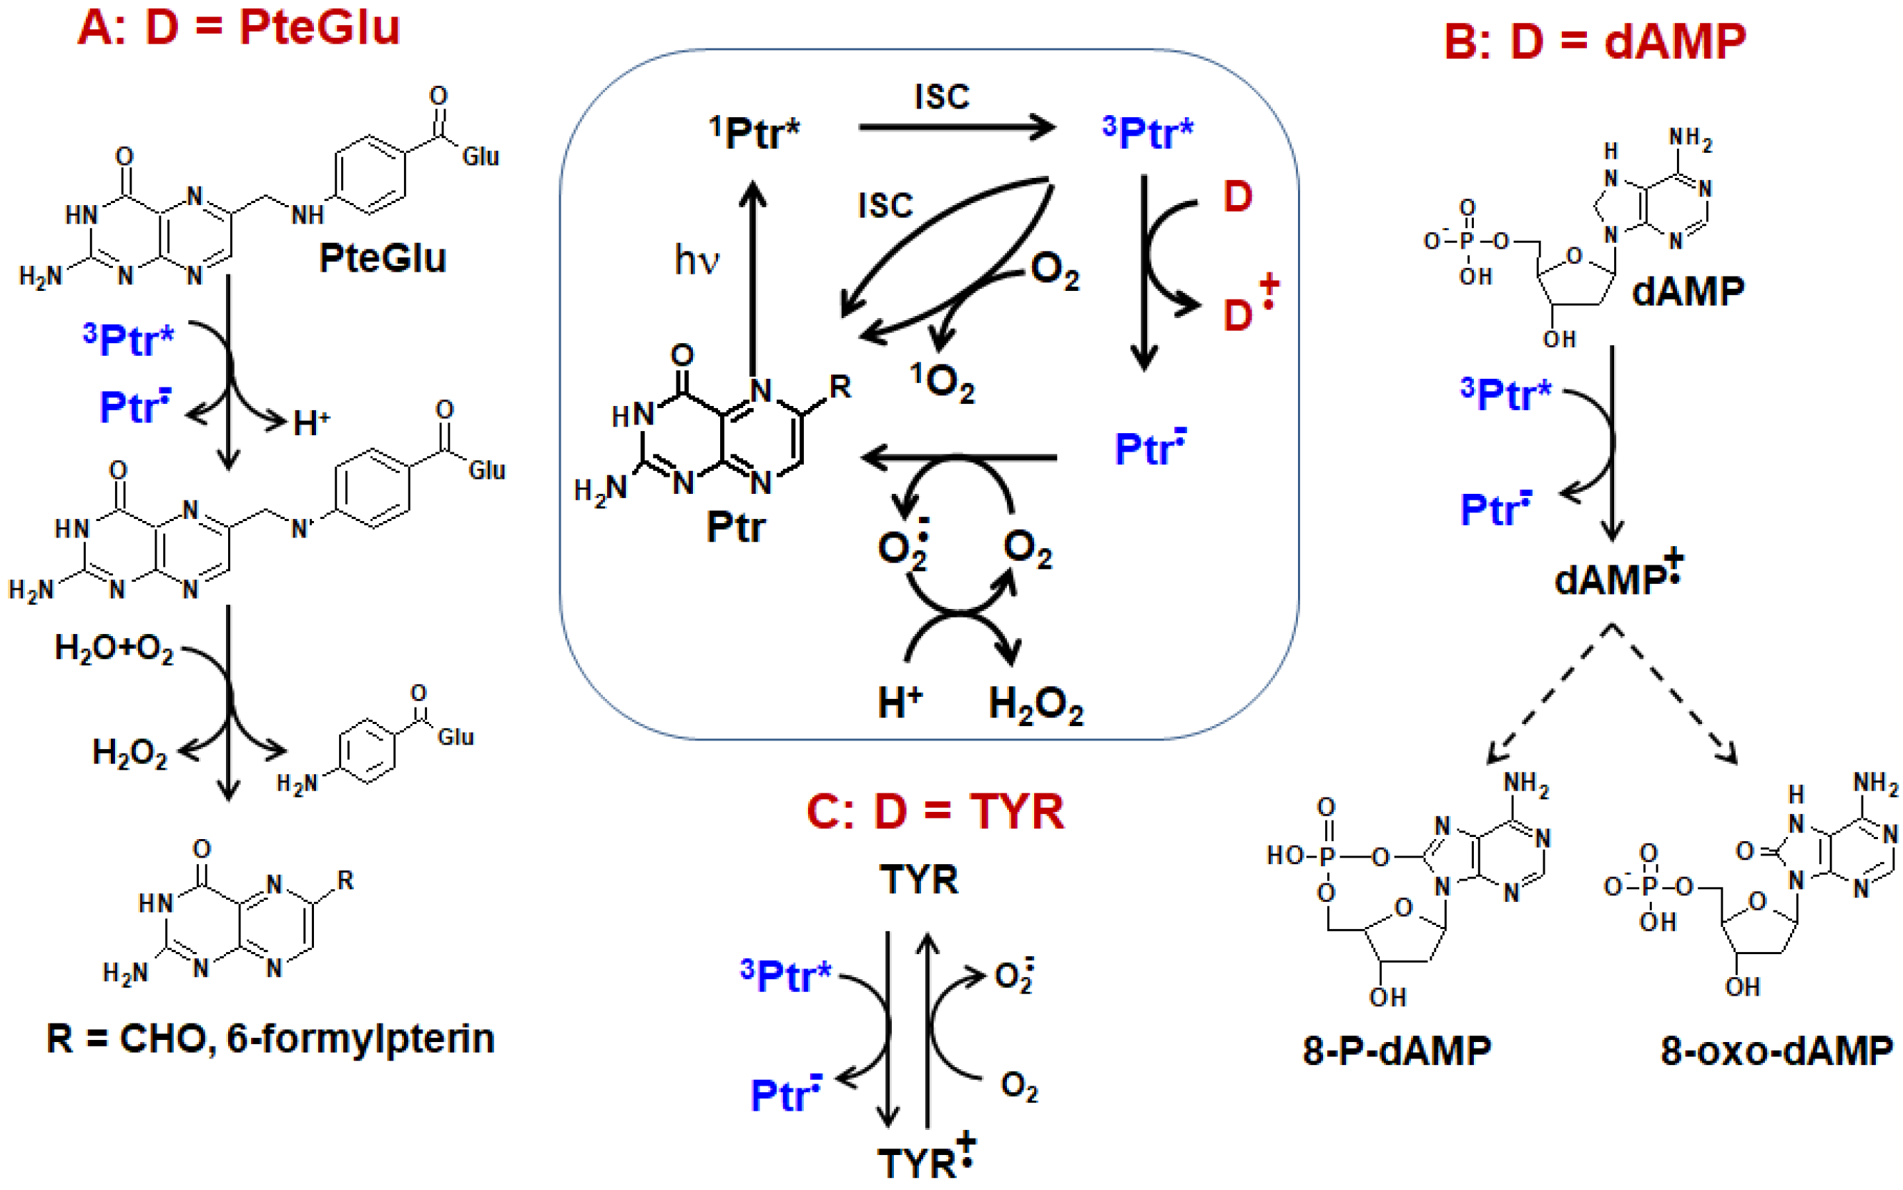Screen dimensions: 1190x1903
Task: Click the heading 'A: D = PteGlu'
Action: pos(239,29)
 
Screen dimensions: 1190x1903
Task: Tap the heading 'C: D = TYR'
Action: pos(935,811)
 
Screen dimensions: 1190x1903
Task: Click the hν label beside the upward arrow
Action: pos(697,259)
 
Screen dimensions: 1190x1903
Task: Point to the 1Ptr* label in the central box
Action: pos(754,132)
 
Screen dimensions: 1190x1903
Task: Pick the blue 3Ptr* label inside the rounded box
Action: pos(1148,132)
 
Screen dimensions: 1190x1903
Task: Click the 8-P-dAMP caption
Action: pos(1397,1050)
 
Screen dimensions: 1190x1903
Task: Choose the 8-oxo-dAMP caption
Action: pos(1776,1050)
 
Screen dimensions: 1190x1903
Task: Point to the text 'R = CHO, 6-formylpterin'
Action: pos(270,1039)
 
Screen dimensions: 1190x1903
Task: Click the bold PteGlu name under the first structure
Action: pos(383,258)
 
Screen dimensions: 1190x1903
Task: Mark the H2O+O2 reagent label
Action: pos(114,648)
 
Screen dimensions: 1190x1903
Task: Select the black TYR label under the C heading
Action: pos(919,879)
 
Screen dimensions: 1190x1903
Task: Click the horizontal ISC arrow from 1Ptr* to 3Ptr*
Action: pos(956,127)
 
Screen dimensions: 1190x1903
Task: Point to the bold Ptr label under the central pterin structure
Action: pos(735,526)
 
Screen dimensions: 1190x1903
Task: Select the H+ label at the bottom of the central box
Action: pos(899,702)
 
